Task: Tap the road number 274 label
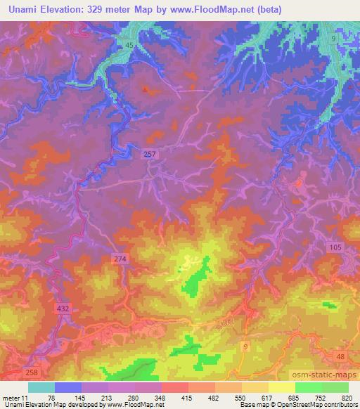coord(120,259)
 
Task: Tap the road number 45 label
coord(129,46)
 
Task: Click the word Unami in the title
coord(25,9)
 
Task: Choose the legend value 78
coord(51,398)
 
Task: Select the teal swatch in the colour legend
coord(41,387)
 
